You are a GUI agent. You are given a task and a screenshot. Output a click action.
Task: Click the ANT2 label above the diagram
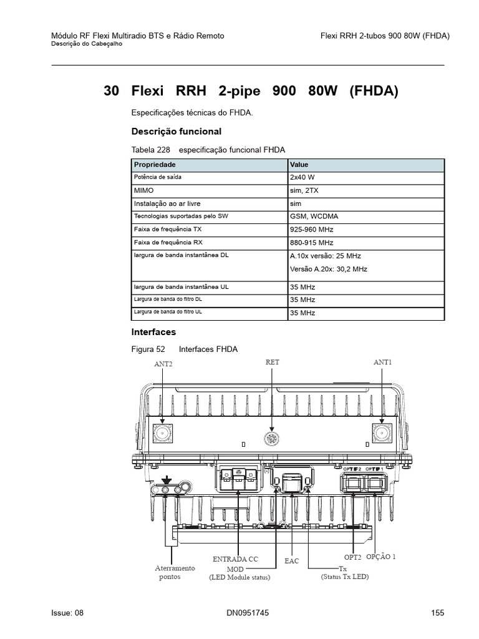163,364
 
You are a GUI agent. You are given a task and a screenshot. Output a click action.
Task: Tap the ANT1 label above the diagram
384,362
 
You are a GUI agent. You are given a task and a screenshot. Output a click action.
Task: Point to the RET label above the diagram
273,362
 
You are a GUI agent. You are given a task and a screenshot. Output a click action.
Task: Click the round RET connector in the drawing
271,438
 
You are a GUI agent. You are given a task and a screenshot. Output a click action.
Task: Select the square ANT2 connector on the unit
163,433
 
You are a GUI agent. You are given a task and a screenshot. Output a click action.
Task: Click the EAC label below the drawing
292,561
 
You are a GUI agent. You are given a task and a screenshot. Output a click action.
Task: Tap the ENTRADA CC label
235,559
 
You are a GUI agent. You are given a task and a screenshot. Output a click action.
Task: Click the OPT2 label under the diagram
353,557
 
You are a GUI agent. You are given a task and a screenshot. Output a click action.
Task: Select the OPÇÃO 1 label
380,556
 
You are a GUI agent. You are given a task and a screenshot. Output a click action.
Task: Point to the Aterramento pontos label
175,572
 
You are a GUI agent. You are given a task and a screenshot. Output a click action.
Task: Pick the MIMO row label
143,190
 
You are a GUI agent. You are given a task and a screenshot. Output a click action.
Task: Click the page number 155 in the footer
437,613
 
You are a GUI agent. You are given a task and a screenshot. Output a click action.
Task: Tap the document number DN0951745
248,613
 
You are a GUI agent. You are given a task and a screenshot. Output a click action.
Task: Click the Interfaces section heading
153,332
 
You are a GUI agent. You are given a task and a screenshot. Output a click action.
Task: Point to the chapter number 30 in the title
112,91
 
